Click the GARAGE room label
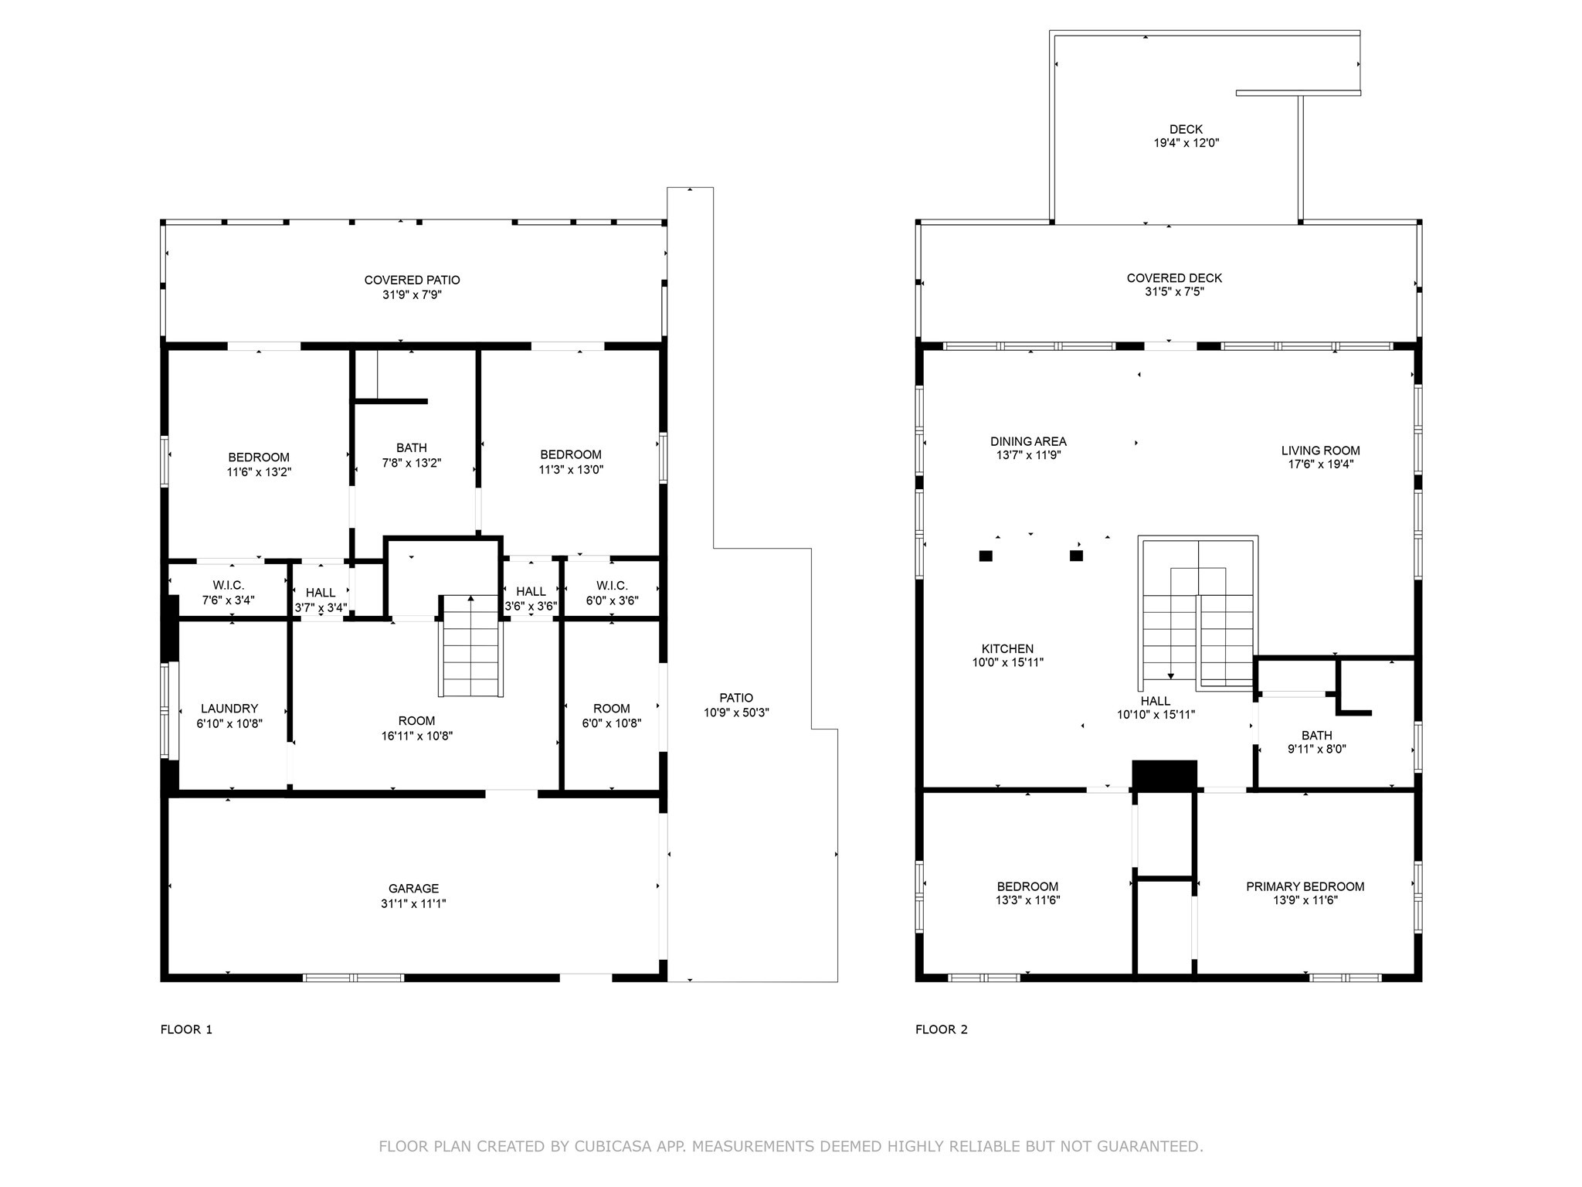(x=413, y=889)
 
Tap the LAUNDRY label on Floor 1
(x=229, y=709)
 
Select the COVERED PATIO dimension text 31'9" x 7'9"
(x=412, y=294)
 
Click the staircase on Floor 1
(x=471, y=648)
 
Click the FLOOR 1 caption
(x=186, y=1029)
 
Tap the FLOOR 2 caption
(x=941, y=1029)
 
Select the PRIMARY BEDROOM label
(x=1305, y=886)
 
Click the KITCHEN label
(x=1007, y=649)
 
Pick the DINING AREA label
(x=1028, y=441)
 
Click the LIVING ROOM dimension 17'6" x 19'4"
(x=1320, y=464)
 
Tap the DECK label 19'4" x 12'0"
(x=1186, y=136)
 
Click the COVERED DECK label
(x=1174, y=278)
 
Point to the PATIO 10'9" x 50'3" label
(x=736, y=705)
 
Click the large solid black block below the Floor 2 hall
(x=1164, y=775)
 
